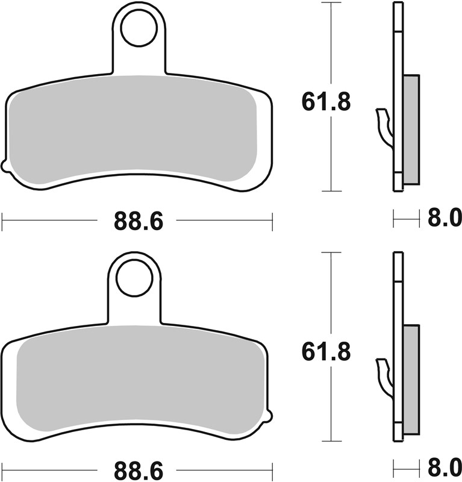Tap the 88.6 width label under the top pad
point(139,222)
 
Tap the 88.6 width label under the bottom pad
point(139,471)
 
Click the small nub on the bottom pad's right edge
point(270,416)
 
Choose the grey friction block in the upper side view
point(410,129)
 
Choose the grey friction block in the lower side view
point(410,380)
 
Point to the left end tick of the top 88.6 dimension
point(2,221)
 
